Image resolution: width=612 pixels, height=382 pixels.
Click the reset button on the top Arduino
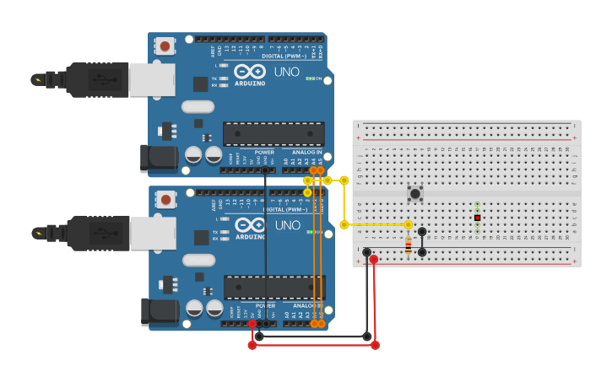pos(165,46)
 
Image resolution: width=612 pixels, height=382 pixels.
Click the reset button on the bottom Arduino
pos(165,199)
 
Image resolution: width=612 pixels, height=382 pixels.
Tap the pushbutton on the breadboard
pos(415,194)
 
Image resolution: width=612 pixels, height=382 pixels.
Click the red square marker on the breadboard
pos(477,218)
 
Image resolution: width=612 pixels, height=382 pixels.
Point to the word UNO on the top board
pos(286,73)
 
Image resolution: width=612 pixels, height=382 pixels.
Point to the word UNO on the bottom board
pos(287,225)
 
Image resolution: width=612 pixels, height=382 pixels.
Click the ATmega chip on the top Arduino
pos(274,133)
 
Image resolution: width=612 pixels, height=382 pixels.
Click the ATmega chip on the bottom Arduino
pos(274,287)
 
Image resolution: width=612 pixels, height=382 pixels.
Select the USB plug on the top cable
pos(98,80)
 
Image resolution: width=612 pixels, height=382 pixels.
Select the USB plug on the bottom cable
pos(98,234)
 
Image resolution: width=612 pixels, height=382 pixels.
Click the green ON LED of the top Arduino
pos(309,78)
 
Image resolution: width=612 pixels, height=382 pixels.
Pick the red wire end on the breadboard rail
pos(374,259)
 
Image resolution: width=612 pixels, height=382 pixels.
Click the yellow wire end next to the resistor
pos(409,225)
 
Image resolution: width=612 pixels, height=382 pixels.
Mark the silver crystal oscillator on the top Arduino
pos(198,107)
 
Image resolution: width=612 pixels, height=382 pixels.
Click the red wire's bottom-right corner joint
pos(375,345)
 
